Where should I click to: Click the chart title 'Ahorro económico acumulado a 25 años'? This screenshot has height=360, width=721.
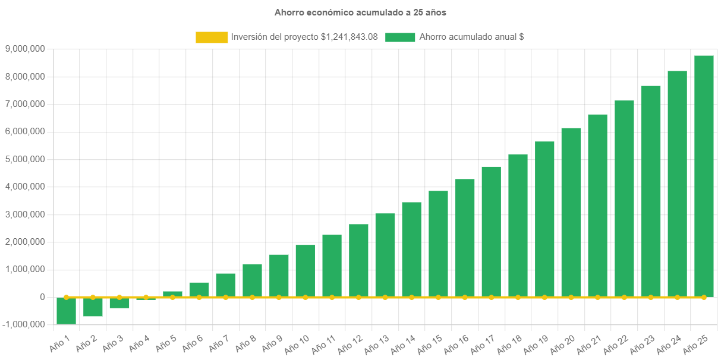click(360, 12)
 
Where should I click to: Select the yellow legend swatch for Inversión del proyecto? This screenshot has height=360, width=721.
click(212, 37)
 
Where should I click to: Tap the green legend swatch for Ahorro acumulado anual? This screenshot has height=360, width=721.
click(400, 37)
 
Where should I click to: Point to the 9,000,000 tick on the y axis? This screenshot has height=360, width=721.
click(25, 49)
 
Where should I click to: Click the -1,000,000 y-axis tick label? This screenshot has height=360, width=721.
click(24, 324)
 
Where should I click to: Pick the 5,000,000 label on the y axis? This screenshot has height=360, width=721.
click(25, 159)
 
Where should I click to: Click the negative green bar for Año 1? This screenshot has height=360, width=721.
click(66, 311)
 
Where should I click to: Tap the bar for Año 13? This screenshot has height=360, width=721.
click(385, 255)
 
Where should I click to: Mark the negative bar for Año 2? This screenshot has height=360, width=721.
click(93, 307)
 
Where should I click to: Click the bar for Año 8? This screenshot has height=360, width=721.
click(252, 280)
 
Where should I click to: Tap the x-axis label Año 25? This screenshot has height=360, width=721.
click(695, 343)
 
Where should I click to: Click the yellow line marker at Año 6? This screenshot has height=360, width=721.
click(199, 297)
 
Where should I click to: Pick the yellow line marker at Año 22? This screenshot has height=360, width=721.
click(624, 297)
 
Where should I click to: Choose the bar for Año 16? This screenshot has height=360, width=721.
click(465, 238)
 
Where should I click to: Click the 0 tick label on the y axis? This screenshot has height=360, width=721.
click(42, 297)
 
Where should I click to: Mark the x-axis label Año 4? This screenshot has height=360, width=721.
click(140, 342)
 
